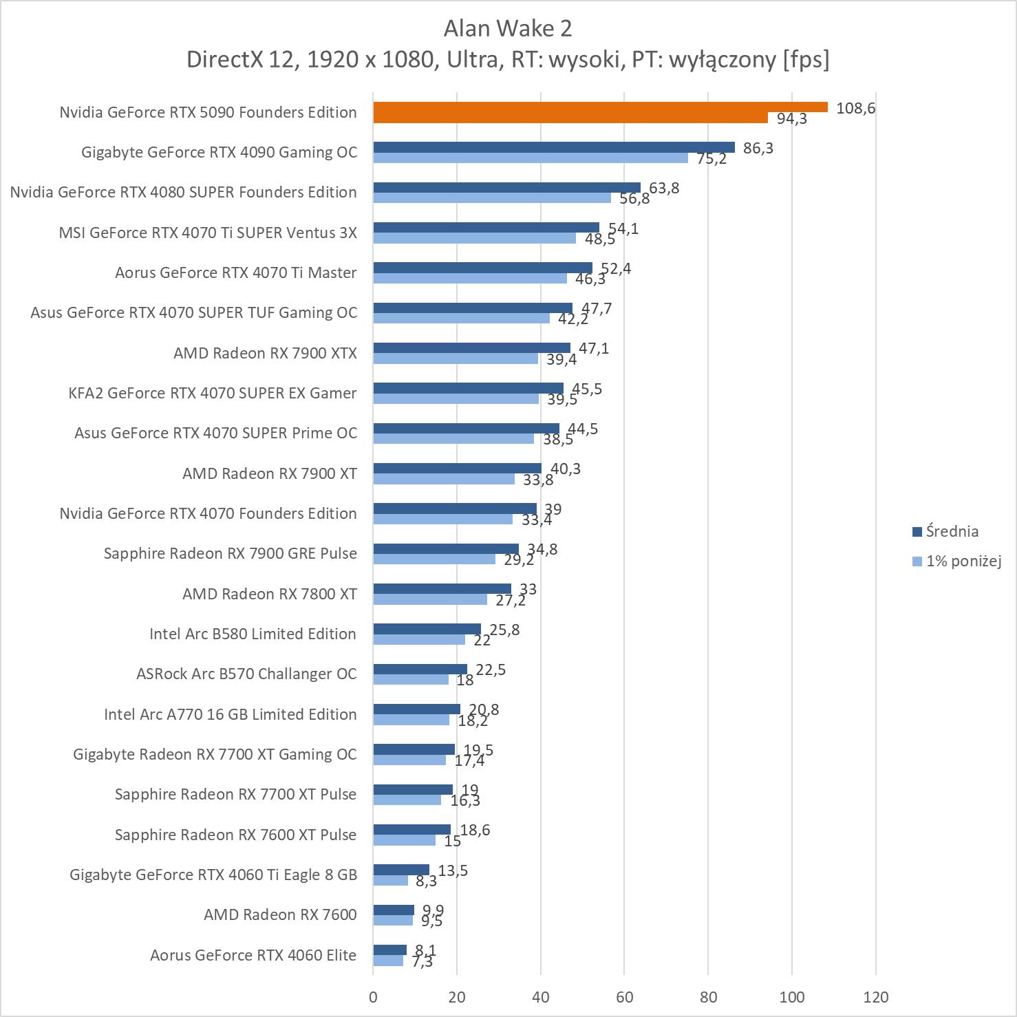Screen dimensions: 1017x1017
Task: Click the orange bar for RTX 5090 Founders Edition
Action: point(600,107)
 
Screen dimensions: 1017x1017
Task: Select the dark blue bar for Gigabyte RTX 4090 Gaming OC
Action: point(554,147)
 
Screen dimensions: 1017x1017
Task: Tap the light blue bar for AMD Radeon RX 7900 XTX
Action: point(456,358)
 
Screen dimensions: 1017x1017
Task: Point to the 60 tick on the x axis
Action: point(624,996)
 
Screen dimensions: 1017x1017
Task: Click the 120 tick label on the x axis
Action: point(876,996)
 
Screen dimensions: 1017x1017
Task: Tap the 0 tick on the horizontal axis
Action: point(373,996)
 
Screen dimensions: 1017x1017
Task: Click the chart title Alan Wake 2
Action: point(508,28)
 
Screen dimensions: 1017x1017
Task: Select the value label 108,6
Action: point(855,108)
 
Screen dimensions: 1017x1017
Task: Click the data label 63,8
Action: point(664,188)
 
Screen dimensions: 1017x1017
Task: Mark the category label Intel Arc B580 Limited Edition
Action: point(253,634)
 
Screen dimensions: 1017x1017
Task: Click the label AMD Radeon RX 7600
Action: point(280,914)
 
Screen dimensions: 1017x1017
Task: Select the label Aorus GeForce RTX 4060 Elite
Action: point(253,955)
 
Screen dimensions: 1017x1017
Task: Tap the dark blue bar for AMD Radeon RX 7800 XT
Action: point(442,588)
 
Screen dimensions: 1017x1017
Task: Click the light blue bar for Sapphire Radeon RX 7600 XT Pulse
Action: point(405,840)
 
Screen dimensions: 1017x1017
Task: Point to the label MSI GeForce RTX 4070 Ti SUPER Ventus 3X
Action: point(208,233)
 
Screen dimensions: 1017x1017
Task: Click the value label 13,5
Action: point(453,870)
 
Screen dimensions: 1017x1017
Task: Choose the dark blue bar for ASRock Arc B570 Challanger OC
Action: point(420,669)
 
